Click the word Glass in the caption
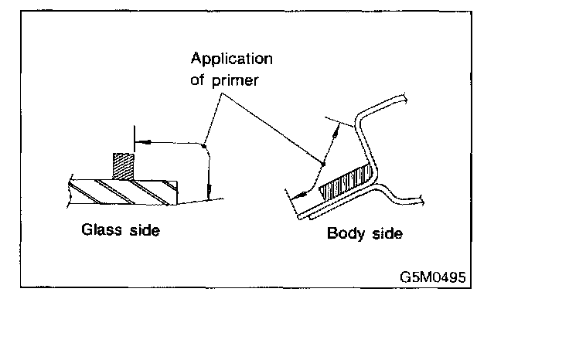pos(101,229)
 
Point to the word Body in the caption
pos(345,233)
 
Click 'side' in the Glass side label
pos(143,229)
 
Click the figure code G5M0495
pos(432,276)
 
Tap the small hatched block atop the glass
pos(123,166)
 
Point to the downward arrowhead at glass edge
pos(209,195)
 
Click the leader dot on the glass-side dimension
pos(203,142)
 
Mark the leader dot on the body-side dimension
pos(323,163)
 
